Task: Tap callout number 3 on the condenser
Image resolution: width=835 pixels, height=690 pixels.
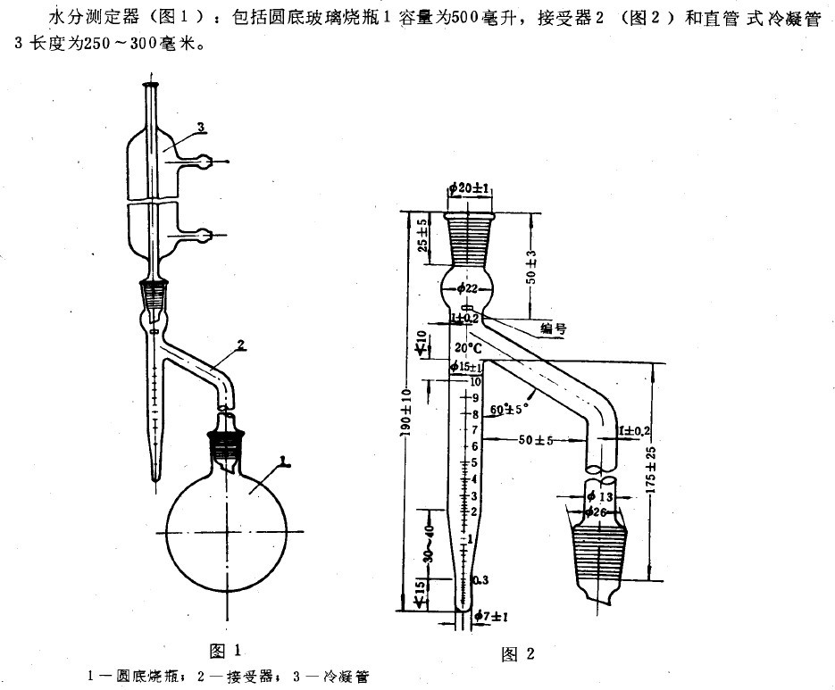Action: (x=202, y=129)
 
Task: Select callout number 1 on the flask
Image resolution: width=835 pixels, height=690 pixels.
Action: (x=284, y=461)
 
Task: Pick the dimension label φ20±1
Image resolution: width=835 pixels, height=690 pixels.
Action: (x=467, y=188)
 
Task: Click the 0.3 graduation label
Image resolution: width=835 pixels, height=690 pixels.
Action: (x=480, y=579)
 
